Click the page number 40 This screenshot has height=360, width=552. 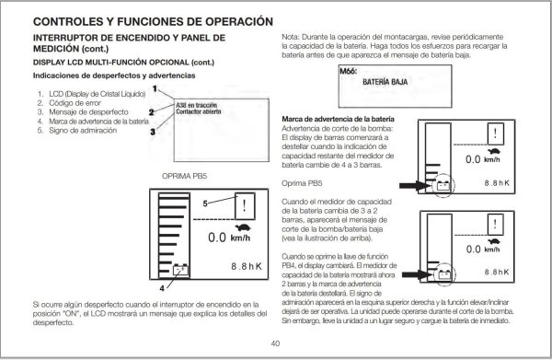275,343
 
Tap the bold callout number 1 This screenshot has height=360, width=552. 156,89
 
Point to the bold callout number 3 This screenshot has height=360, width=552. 153,130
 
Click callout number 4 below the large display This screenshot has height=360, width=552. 162,286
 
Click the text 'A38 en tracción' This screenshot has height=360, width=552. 195,107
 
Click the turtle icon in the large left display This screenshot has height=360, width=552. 244,225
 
